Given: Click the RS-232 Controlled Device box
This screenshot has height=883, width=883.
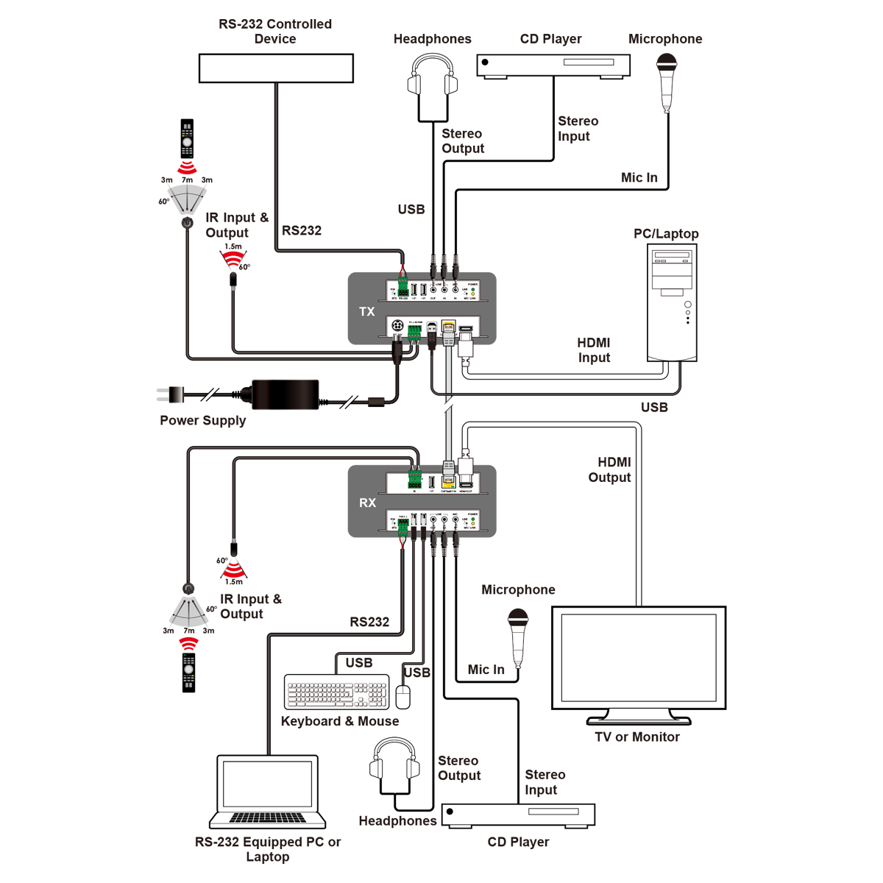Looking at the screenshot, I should click(276, 68).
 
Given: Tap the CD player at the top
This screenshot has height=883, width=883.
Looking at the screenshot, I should click(553, 65).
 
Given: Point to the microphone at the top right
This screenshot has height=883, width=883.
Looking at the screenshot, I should click(666, 81).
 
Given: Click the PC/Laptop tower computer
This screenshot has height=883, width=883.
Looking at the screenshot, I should click(672, 302).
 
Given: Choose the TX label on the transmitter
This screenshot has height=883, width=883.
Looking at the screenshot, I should click(367, 312).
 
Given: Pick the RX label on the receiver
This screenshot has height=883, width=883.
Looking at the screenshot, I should click(367, 503).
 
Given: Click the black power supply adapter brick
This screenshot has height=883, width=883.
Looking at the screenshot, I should click(286, 394).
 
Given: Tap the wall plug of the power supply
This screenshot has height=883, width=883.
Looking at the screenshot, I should click(170, 395).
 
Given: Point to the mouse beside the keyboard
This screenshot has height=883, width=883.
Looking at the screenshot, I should click(403, 697).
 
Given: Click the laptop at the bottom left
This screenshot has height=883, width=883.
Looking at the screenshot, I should click(268, 792).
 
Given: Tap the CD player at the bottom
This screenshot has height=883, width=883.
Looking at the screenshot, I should click(518, 815).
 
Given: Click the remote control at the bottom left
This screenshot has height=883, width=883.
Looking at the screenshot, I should click(189, 672).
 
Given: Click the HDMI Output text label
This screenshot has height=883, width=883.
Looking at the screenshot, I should click(610, 469).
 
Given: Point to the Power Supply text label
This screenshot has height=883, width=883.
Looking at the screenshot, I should click(203, 421).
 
